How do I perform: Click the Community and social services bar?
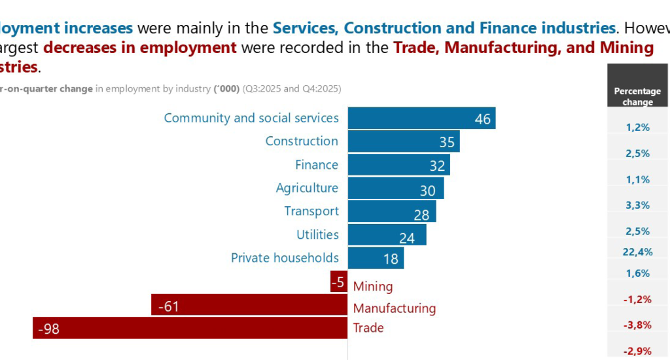421,118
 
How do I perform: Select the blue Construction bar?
403,141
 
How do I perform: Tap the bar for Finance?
399,165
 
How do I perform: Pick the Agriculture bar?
395,189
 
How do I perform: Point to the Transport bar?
391,211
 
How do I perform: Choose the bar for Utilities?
387,235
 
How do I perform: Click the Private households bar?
376,258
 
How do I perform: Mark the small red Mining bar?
339,281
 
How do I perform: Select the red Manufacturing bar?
249,305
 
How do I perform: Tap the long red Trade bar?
190,328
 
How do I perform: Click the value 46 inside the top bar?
483,119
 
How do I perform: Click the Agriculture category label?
307,189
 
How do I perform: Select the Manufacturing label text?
395,308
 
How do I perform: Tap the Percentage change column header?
638,96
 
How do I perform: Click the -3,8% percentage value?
638,325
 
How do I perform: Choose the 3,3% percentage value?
638,205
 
